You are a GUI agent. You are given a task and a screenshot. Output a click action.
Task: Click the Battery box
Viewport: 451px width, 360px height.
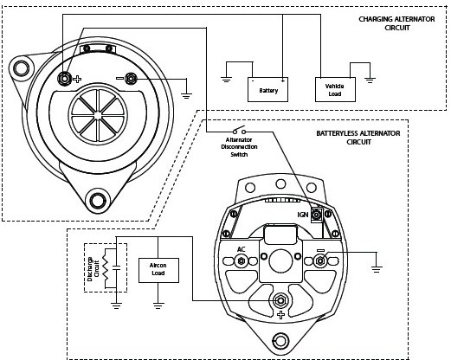[x=267, y=89]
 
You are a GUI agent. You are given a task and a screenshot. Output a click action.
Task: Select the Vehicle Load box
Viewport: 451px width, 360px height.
[x=335, y=89]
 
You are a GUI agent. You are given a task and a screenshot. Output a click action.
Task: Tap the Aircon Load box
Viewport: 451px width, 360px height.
[x=158, y=270]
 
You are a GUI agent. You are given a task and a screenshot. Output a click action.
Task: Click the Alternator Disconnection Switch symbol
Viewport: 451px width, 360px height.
[x=239, y=131]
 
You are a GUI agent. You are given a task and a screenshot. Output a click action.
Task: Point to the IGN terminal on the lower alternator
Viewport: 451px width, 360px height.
[x=317, y=215]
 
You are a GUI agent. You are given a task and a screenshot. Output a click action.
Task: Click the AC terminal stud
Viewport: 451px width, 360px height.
[x=241, y=261]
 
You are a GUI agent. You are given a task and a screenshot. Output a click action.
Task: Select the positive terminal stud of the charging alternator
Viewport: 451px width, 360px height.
[x=64, y=79]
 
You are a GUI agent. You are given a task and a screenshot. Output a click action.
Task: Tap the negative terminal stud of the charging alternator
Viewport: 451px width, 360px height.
[x=131, y=79]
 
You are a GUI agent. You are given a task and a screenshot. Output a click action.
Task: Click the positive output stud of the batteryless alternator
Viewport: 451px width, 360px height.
[x=280, y=301]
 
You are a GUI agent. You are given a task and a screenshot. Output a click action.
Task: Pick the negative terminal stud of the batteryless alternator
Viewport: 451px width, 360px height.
[x=320, y=261]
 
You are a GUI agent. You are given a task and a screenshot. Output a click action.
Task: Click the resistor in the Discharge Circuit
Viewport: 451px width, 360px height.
[x=106, y=268]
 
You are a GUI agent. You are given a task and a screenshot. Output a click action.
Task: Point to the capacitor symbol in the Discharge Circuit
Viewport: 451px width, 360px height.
[x=116, y=267]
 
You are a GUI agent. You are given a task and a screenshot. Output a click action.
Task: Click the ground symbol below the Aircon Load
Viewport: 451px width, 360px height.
[x=158, y=305]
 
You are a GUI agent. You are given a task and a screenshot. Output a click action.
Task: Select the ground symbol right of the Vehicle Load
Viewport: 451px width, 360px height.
[x=370, y=80]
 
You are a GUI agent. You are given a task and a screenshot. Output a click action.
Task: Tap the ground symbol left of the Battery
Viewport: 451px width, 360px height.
[x=226, y=80]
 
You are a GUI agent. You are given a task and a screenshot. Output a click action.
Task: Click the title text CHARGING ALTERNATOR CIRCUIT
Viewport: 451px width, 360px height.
[x=396, y=23]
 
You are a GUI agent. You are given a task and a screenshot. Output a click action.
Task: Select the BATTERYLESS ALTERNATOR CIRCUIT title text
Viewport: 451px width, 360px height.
[x=358, y=138]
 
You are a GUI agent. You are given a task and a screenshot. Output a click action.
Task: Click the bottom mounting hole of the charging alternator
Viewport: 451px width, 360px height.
[x=98, y=200]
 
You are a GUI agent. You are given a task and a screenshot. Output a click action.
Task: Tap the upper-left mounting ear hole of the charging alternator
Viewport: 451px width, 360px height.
[x=22, y=69]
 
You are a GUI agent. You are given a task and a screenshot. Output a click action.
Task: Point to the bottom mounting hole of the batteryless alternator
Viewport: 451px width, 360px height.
[x=280, y=341]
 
